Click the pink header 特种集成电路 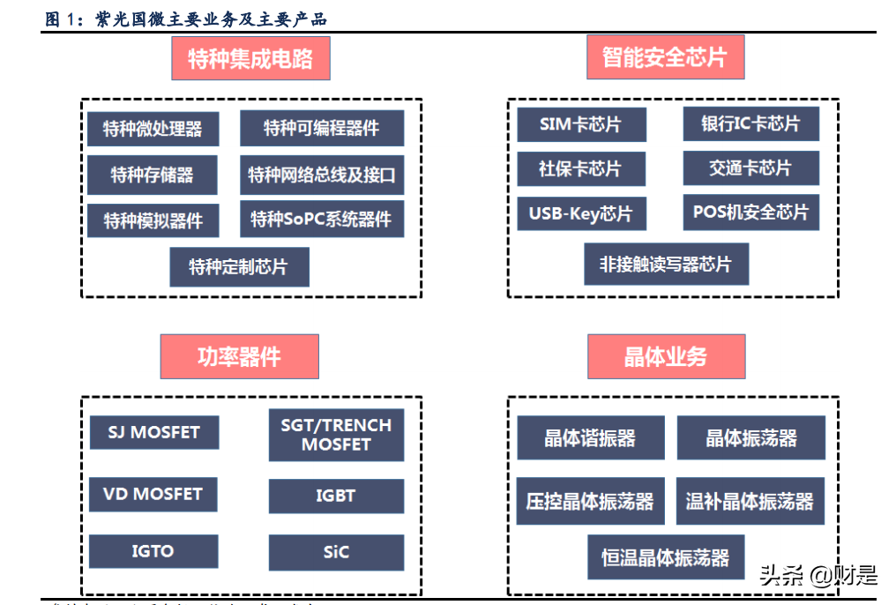point(250,59)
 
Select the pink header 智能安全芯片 point(664,58)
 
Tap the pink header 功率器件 point(239,356)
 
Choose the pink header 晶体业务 point(666,356)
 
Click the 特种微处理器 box point(153,129)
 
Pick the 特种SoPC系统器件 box point(322,219)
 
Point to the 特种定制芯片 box point(239,266)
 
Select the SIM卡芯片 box point(580,125)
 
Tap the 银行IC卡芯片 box point(750,124)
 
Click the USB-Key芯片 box point(580,213)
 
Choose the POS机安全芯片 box point(750,213)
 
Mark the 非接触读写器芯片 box point(666,264)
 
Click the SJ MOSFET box point(153,432)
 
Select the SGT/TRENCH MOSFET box point(336,435)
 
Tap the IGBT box point(336,496)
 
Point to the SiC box point(336,552)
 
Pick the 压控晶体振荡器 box point(590,502)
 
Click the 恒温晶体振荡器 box point(666,557)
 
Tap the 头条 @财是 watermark point(818,577)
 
